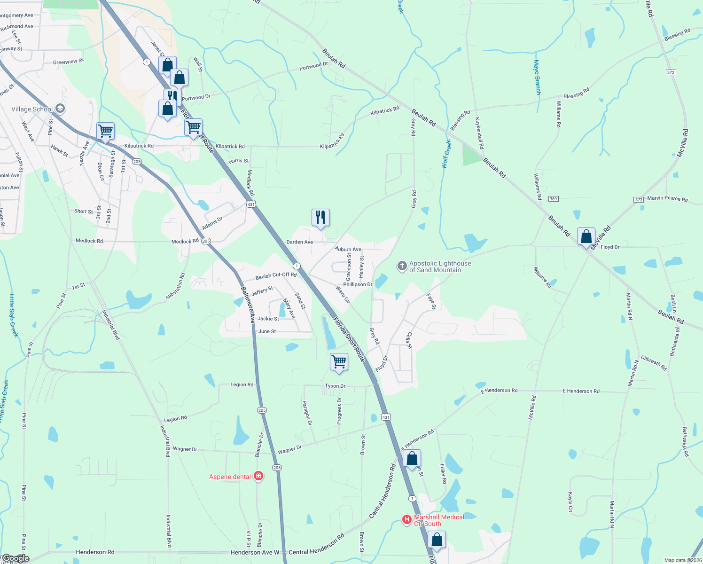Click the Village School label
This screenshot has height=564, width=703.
pyautogui.click(x=32, y=109)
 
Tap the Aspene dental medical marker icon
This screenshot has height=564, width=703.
pyautogui.click(x=258, y=476)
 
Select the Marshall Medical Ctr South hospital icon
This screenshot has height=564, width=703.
pyautogui.click(x=407, y=520)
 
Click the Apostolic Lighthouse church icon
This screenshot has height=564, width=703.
pyautogui.click(x=402, y=266)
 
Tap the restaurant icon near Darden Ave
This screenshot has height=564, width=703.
pyautogui.click(x=320, y=218)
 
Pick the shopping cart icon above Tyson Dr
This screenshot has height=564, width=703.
pyautogui.click(x=339, y=362)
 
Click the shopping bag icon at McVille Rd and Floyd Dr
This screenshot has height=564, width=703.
pyautogui.click(x=586, y=236)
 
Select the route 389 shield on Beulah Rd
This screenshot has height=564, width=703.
pyautogui.click(x=553, y=199)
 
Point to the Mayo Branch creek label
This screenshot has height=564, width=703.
pyautogui.click(x=537, y=77)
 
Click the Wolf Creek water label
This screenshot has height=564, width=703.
pyautogui.click(x=446, y=154)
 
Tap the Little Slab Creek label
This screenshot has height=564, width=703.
pyautogui.click(x=13, y=315)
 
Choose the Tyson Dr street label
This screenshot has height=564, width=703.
pyautogui.click(x=335, y=386)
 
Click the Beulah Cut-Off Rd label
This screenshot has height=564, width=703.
pyautogui.click(x=276, y=276)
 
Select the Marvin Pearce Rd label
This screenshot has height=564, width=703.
pyautogui.click(x=667, y=198)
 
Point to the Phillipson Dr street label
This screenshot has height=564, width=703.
pyautogui.click(x=358, y=284)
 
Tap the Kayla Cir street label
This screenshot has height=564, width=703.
pyautogui.click(x=570, y=502)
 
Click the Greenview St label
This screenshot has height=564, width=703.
pyautogui.click(x=68, y=62)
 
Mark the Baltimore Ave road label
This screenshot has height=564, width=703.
pyautogui.click(x=249, y=305)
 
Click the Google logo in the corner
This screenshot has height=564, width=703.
pyautogui.click(x=15, y=558)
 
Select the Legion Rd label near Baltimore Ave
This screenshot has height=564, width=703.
pyautogui.click(x=242, y=384)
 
